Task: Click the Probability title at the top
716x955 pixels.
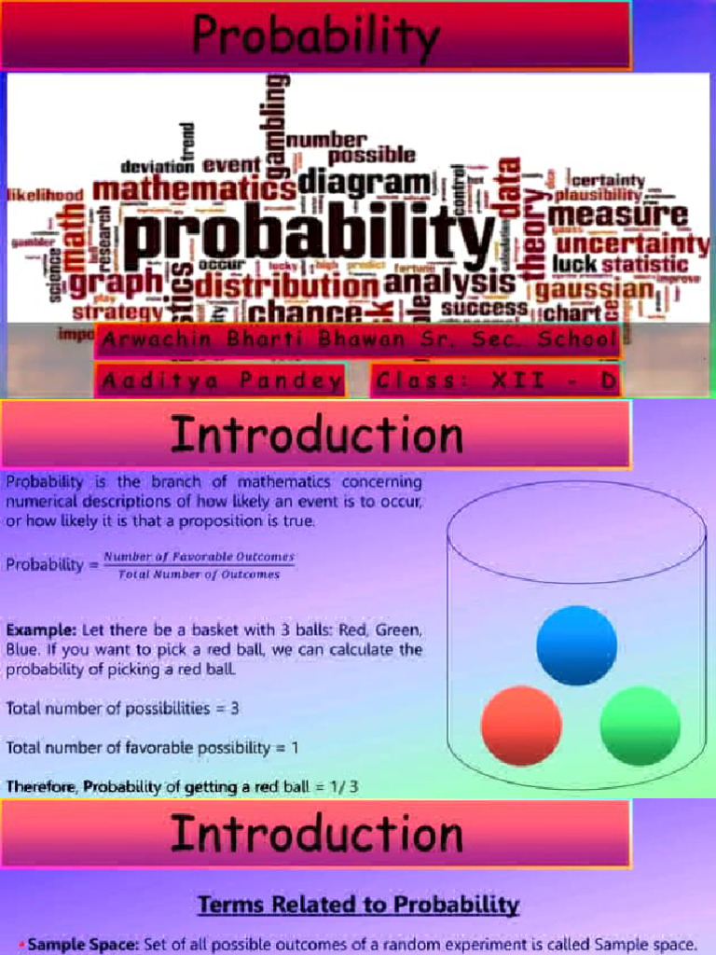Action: [315, 37]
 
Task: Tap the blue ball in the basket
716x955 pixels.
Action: [576, 645]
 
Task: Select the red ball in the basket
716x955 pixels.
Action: [521, 726]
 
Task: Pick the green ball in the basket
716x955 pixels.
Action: [640, 726]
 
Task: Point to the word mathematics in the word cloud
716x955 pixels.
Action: [193, 190]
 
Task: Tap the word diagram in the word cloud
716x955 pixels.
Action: [366, 181]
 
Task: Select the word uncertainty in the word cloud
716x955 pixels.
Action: [632, 244]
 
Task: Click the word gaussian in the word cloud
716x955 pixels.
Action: [607, 288]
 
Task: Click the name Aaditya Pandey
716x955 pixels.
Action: [220, 381]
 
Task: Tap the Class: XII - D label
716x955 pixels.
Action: [495, 381]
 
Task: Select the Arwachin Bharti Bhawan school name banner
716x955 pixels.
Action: [357, 339]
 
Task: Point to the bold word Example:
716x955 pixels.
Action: [41, 630]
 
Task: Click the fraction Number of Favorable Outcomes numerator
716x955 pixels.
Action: [199, 557]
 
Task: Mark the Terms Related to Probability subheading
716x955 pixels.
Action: [358, 904]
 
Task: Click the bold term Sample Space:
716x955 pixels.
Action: [83, 945]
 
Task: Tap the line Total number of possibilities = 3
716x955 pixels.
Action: [122, 708]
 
